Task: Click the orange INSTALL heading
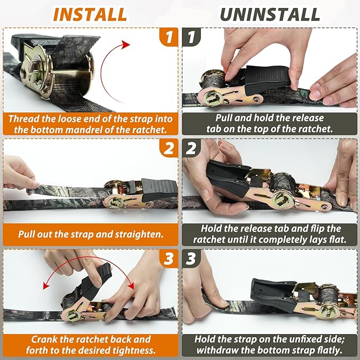tap(90, 14)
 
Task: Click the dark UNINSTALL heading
tap(270, 14)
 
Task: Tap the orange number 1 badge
tap(169, 37)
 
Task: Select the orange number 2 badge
tap(169, 148)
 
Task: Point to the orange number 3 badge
tap(169, 259)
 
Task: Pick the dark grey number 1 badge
tap(191, 37)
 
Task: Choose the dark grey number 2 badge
tap(191, 148)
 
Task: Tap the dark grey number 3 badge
tap(191, 259)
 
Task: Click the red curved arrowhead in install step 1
tap(126, 45)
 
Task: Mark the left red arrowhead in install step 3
tap(47, 286)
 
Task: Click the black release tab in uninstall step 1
tap(267, 79)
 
